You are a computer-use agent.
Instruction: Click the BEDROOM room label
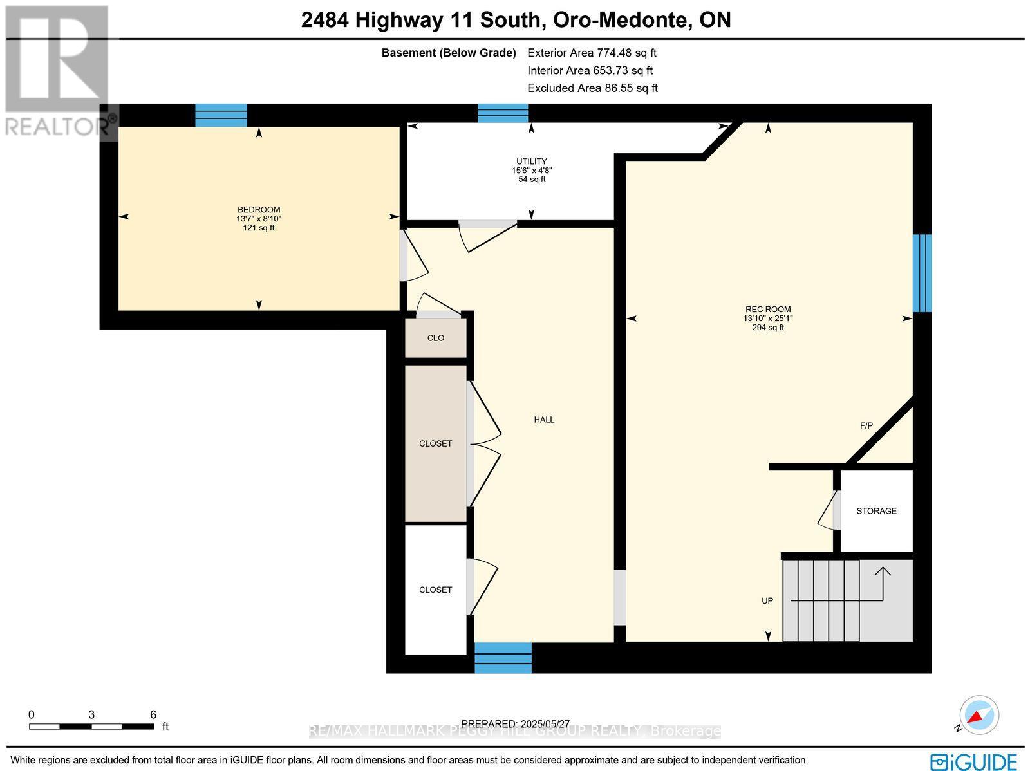259,210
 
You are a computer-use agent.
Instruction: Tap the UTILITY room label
531,162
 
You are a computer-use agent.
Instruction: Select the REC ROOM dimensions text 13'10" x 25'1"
768,319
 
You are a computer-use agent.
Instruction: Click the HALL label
544,420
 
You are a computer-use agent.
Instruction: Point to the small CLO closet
435,338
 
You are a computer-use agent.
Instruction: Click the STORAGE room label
876,511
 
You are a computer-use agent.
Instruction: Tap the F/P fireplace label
866,426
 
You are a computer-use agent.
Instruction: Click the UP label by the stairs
767,600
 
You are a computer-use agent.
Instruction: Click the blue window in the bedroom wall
221,115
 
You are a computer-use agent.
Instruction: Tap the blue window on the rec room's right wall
922,273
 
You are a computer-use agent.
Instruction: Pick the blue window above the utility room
503,113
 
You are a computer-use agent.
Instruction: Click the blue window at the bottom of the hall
503,658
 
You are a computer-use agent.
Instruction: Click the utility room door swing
487,236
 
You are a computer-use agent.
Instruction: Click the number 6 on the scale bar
153,714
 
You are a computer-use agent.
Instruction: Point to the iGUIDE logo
974,761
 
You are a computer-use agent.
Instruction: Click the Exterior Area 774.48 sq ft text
592,53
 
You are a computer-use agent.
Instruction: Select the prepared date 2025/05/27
516,724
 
